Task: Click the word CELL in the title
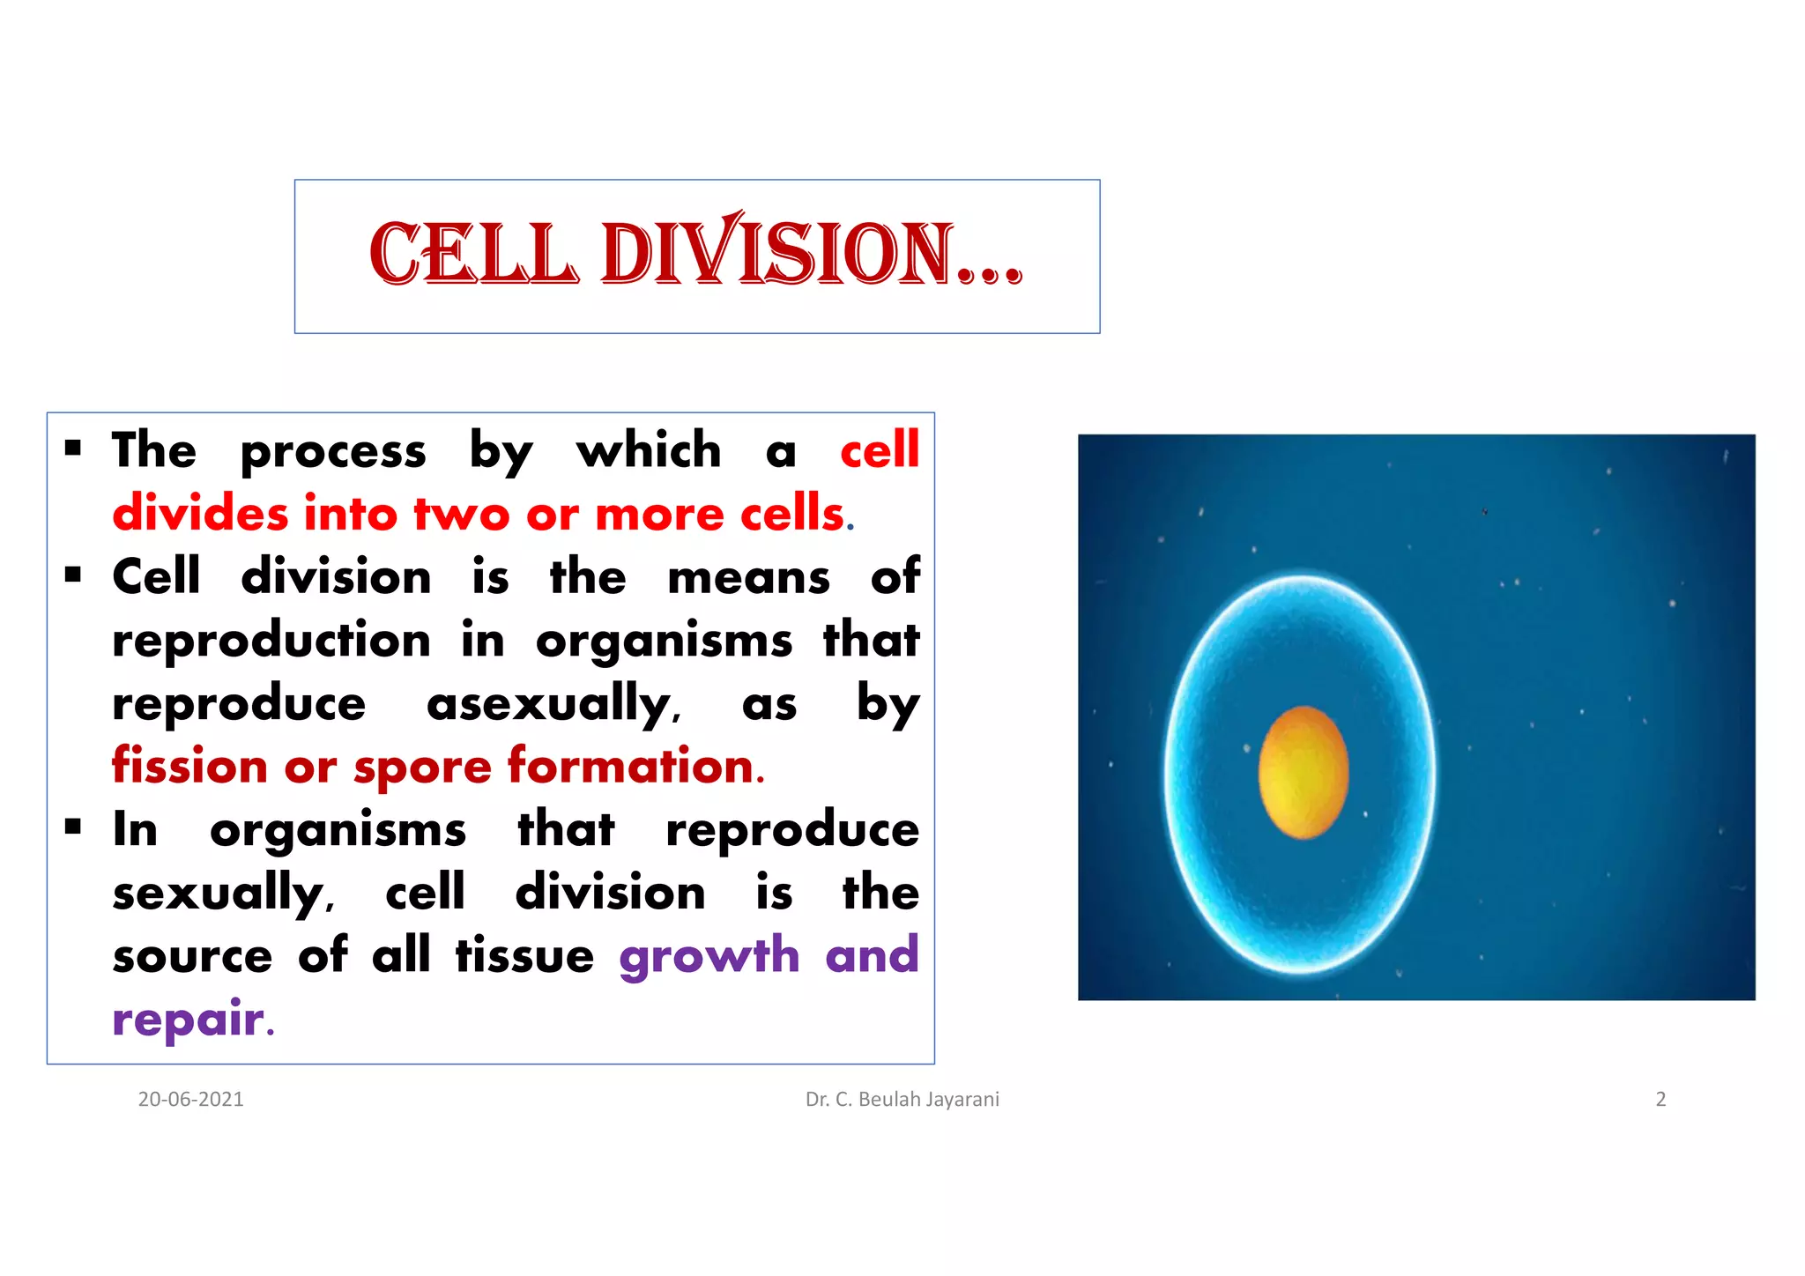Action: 474,255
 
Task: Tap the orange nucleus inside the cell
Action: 1303,771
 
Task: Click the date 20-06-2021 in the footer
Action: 190,1099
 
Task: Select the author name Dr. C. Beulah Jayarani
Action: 902,1099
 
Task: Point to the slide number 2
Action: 1660,1099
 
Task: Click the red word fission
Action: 189,765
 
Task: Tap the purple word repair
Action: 189,1019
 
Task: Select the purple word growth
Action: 709,956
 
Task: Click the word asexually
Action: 552,703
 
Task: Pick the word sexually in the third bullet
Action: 220,893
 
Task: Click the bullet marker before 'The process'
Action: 73,449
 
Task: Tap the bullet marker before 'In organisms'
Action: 73,827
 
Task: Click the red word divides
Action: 200,513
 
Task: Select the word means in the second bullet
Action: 748,577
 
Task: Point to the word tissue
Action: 524,956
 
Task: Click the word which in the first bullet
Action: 649,450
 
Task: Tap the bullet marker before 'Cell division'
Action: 73,575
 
